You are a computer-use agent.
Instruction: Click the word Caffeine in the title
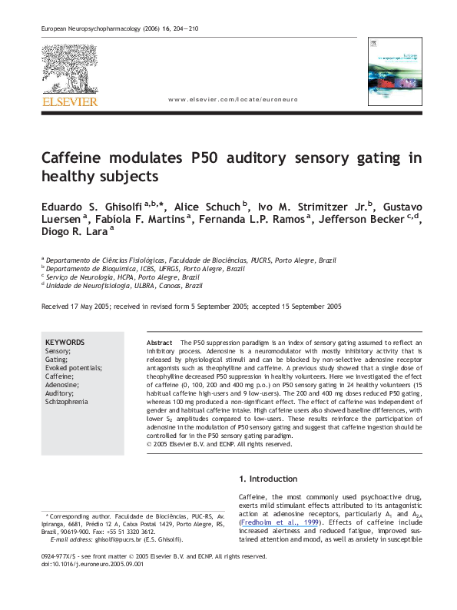pyautogui.click(x=74, y=159)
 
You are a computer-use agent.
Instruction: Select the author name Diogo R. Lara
pyautogui.click(x=72, y=236)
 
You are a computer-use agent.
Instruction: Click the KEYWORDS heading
pyautogui.click(x=65, y=342)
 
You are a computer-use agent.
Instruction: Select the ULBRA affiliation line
pyautogui.click(x=123, y=284)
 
